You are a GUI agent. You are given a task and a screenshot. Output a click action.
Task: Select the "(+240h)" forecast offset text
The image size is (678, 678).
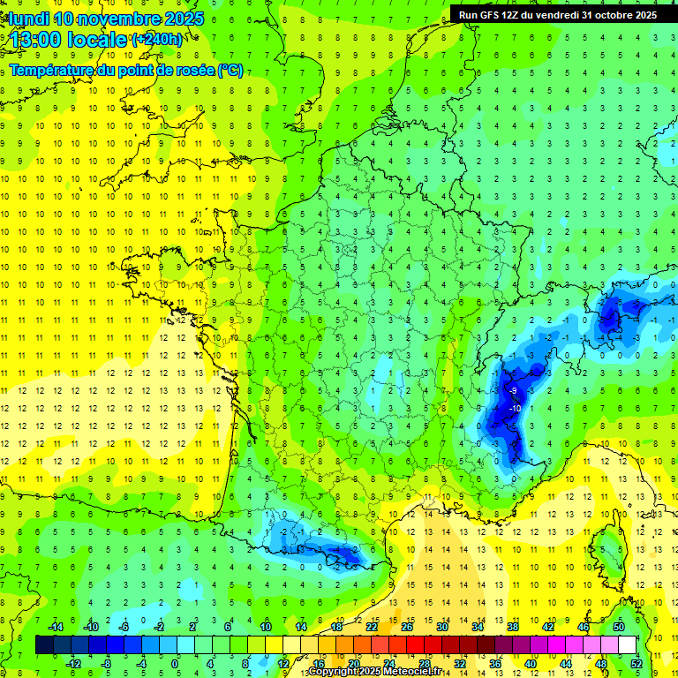(x=157, y=39)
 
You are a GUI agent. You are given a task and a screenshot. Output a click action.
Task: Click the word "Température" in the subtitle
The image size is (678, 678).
(x=49, y=70)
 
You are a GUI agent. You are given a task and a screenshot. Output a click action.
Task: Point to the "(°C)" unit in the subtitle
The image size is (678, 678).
(x=230, y=70)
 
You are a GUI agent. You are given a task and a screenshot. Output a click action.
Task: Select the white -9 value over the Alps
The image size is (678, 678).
(x=513, y=390)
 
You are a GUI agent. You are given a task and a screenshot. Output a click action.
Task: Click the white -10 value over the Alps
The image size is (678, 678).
(x=513, y=408)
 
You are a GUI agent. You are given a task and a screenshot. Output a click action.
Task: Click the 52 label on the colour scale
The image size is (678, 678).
(x=637, y=663)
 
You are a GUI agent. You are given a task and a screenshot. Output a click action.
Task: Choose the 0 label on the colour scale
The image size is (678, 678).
(x=174, y=663)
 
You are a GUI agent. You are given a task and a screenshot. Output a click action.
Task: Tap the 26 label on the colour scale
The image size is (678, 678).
(x=407, y=626)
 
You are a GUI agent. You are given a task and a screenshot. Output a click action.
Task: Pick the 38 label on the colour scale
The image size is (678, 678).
(x=512, y=626)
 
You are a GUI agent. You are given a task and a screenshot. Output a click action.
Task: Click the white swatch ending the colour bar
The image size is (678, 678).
(x=627, y=644)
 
